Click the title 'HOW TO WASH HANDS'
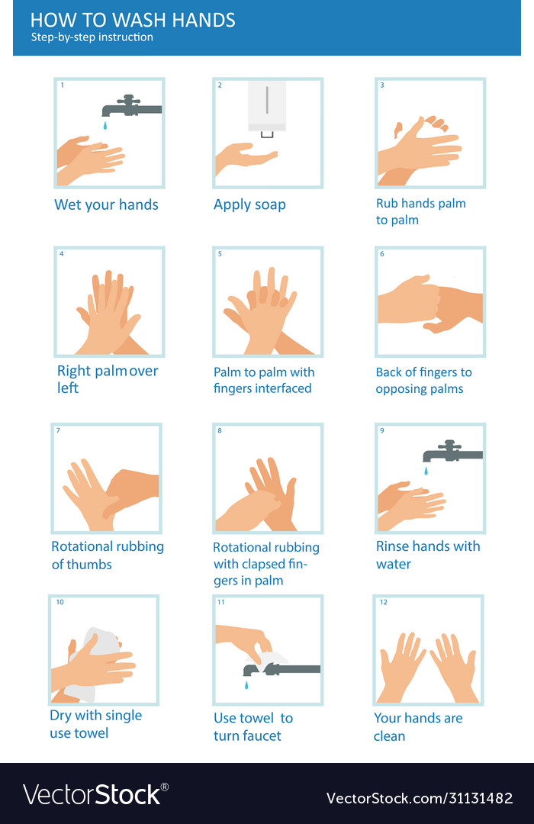[133, 20]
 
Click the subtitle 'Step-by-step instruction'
[92, 37]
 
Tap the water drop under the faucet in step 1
[105, 124]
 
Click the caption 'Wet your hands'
[106, 204]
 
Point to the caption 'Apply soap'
[249, 204]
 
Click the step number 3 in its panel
[382, 85]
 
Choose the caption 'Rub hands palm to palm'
[420, 211]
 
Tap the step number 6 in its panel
[382, 254]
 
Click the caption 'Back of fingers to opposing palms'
[423, 381]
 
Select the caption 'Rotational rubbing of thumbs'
[108, 555]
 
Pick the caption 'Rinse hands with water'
[428, 555]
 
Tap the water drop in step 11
[246, 686]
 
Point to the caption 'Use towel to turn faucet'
[253, 726]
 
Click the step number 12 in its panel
[384, 603]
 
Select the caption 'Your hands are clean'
[418, 726]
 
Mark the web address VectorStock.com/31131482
[420, 798]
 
